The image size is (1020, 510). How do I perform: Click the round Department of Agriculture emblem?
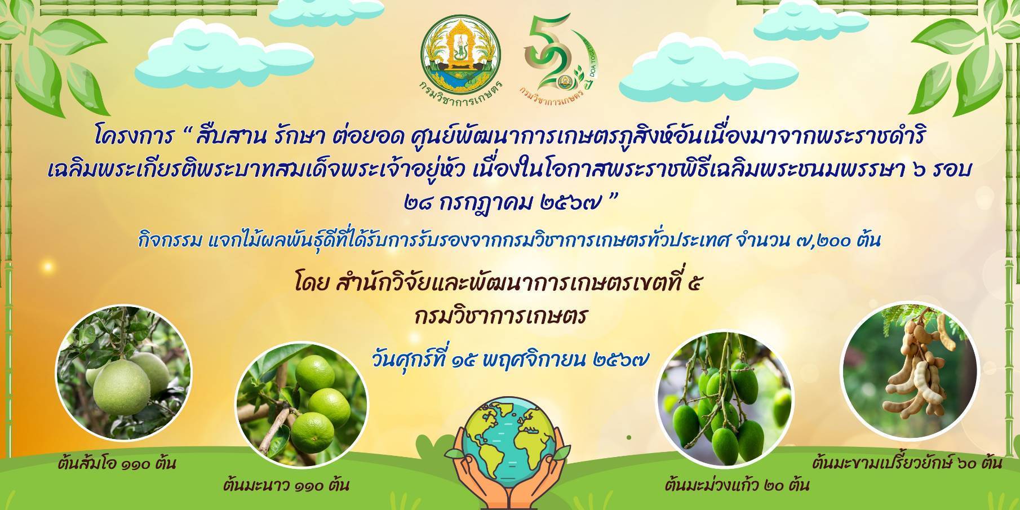pos(461,55)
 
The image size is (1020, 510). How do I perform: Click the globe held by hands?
pos(510,433)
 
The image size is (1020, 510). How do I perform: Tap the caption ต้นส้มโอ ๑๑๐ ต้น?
pos(117,464)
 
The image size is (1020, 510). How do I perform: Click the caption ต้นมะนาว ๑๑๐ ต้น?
pos(286,484)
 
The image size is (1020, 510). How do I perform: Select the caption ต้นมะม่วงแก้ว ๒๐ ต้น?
pos(737,484)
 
